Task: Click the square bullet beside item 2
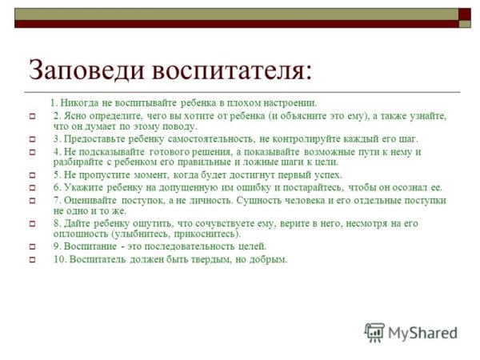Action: click(33, 117)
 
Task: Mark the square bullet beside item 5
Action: click(33, 175)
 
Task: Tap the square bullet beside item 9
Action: click(33, 247)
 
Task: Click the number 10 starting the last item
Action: click(58, 259)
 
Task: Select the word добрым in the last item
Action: click(268, 259)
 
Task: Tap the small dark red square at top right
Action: click(464, 14)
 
